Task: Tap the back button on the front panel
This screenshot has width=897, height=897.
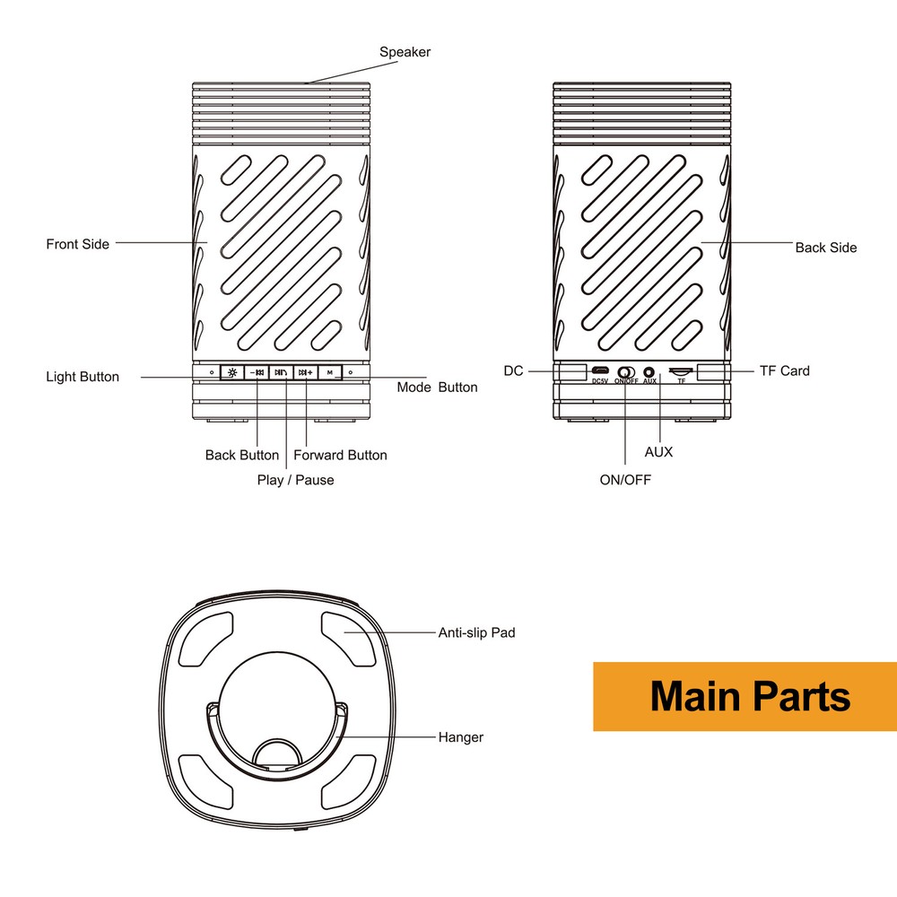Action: pyautogui.click(x=257, y=371)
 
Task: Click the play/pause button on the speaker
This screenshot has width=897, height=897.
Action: pyautogui.click(x=282, y=371)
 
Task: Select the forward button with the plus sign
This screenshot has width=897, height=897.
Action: pyautogui.click(x=306, y=371)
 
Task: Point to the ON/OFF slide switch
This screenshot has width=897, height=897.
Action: pyautogui.click(x=625, y=371)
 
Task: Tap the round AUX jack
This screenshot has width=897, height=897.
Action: pyautogui.click(x=650, y=370)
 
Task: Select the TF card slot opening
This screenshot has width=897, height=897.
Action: pyautogui.click(x=681, y=370)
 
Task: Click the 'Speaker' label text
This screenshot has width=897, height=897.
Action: pyautogui.click(x=405, y=52)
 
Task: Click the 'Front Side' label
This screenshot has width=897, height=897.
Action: pyautogui.click(x=78, y=244)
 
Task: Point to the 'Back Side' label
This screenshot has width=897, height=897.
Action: pyautogui.click(x=825, y=248)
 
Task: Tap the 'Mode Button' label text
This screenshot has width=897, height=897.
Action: pyautogui.click(x=437, y=388)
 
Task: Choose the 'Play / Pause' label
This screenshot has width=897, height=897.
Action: pyautogui.click(x=295, y=480)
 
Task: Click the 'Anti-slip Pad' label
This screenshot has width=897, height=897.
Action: pyautogui.click(x=476, y=632)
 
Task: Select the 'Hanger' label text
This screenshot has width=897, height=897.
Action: pyautogui.click(x=461, y=737)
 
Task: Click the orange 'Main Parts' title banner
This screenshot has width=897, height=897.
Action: pyautogui.click(x=745, y=696)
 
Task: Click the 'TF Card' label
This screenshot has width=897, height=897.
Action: pyautogui.click(x=784, y=370)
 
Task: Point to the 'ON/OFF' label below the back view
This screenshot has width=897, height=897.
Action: pyautogui.click(x=625, y=480)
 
